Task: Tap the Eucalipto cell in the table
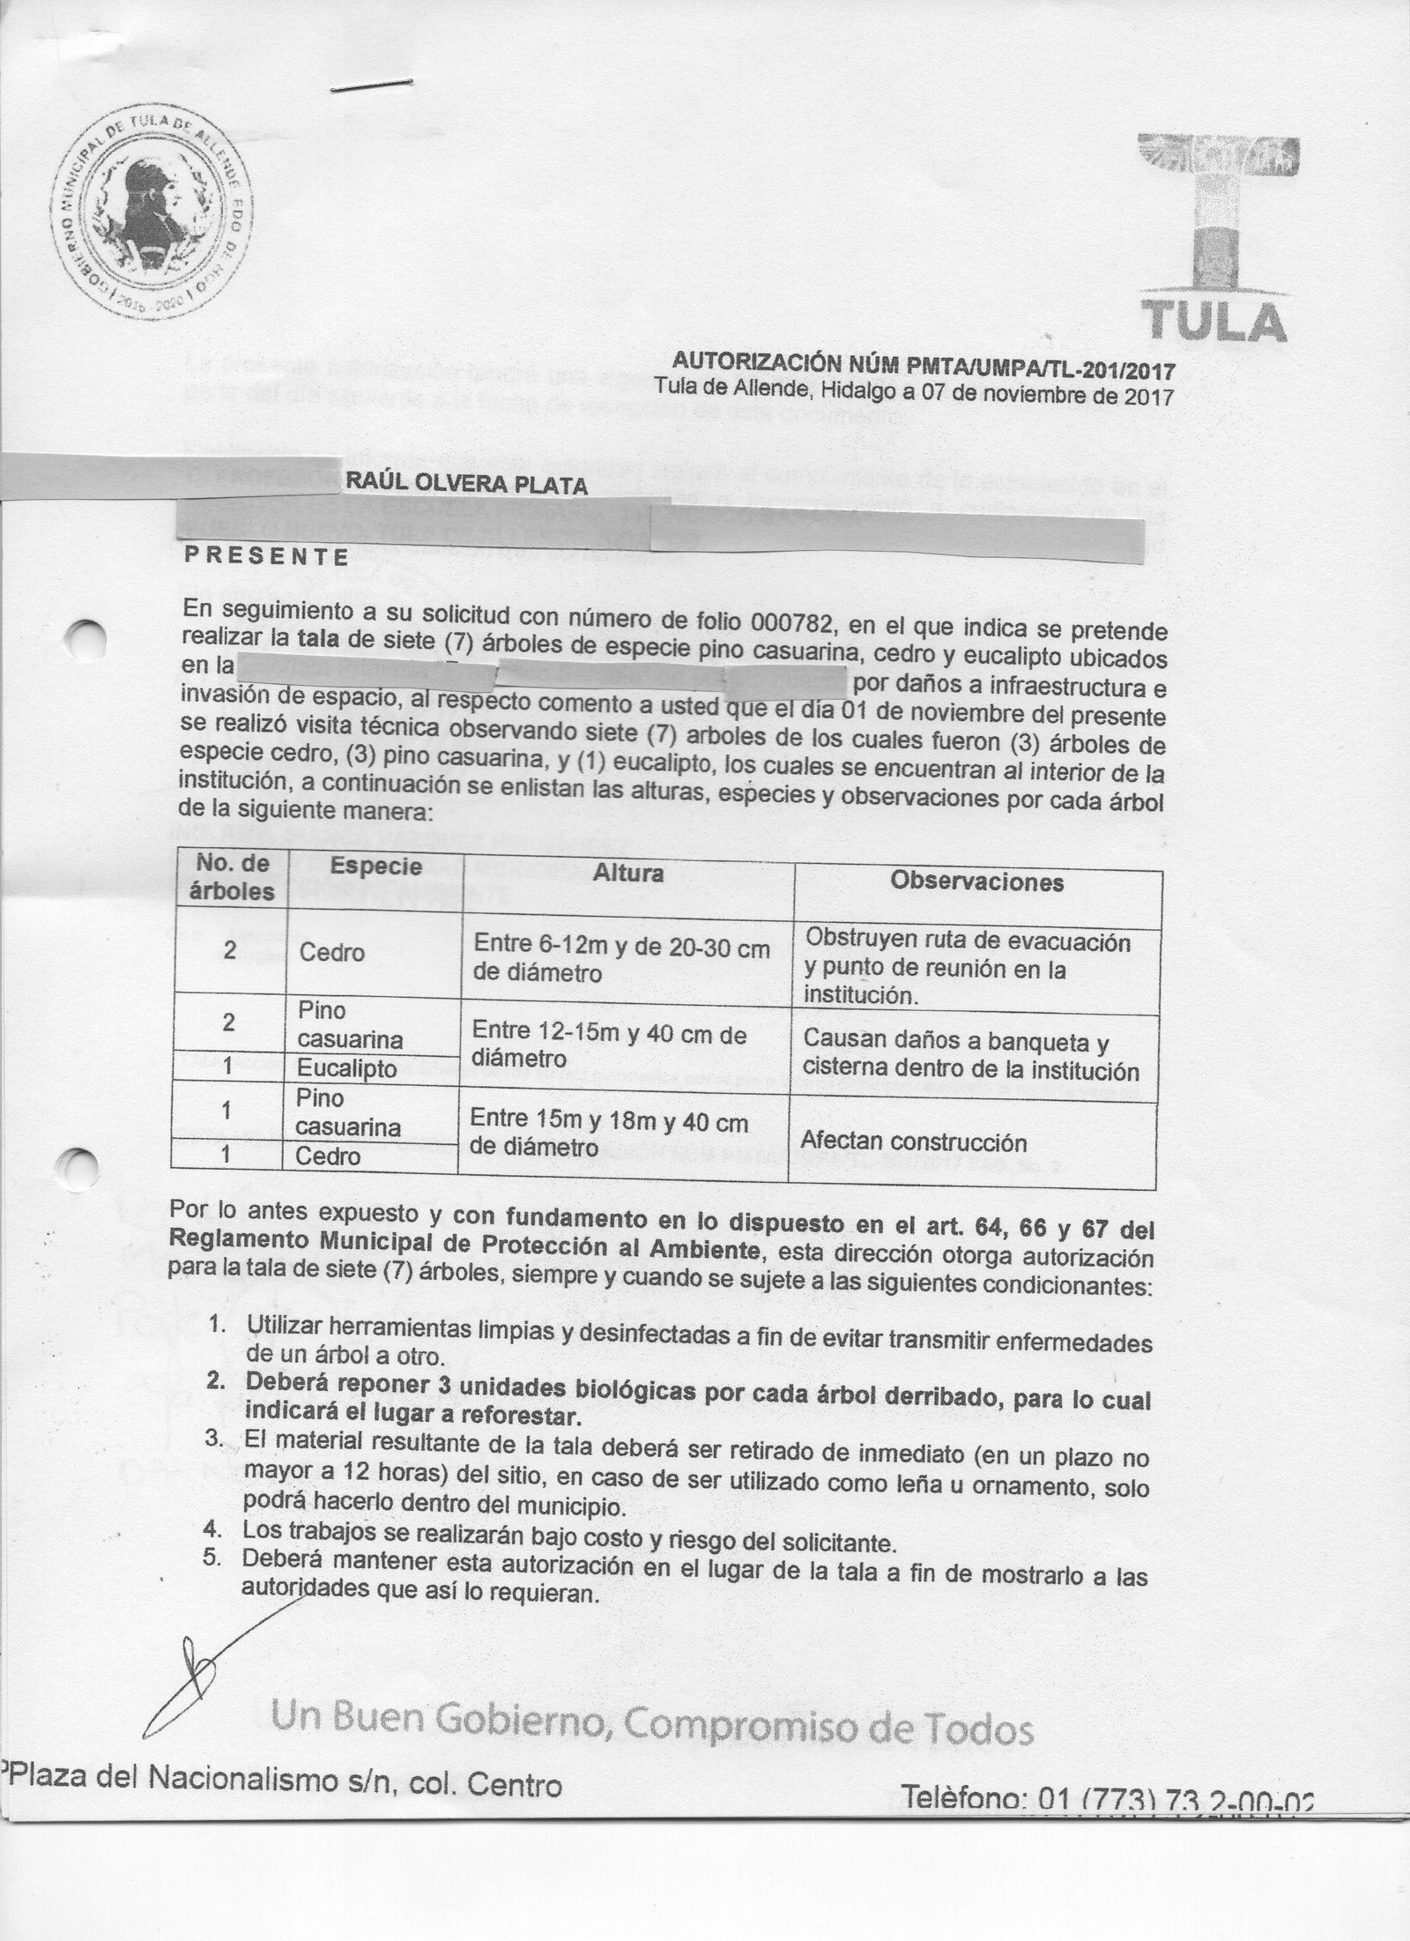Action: [346, 1068]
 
